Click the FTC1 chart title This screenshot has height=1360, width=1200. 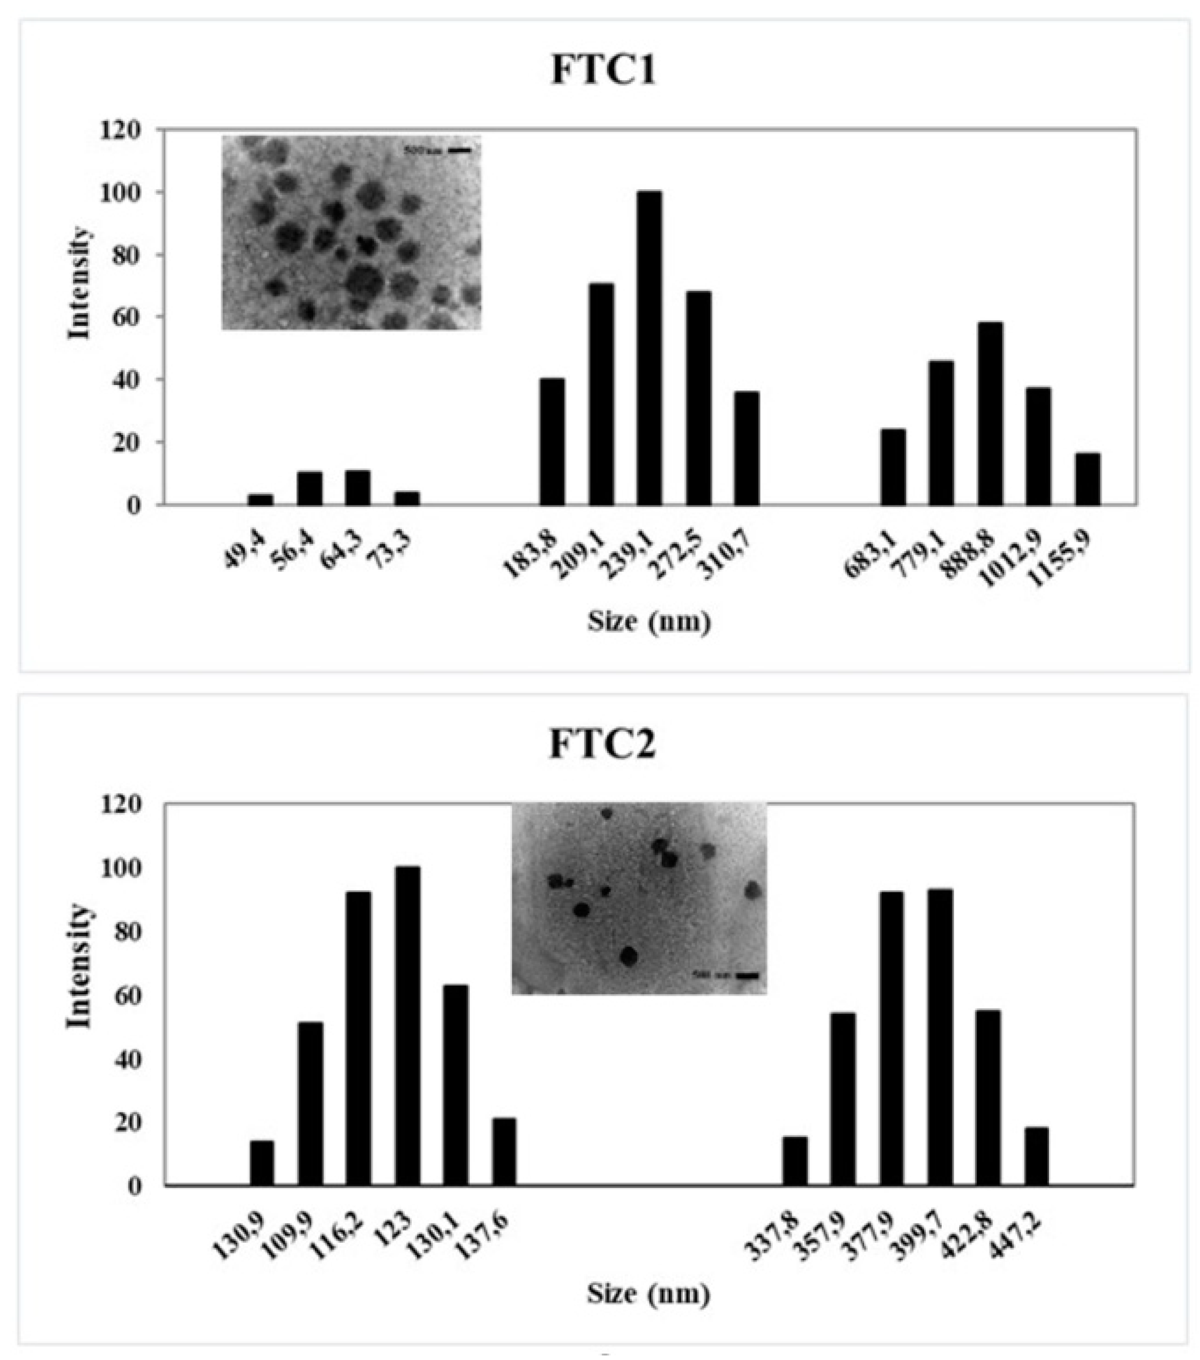[603, 70]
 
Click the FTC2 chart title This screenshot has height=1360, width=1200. [603, 746]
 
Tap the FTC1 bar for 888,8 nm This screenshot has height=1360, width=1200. [990, 413]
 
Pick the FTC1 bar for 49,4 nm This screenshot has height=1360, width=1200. [260, 499]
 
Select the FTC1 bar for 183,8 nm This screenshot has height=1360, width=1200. [552, 442]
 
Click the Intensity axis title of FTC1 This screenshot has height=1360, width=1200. [79, 283]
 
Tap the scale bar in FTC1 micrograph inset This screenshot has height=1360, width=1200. [459, 151]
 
